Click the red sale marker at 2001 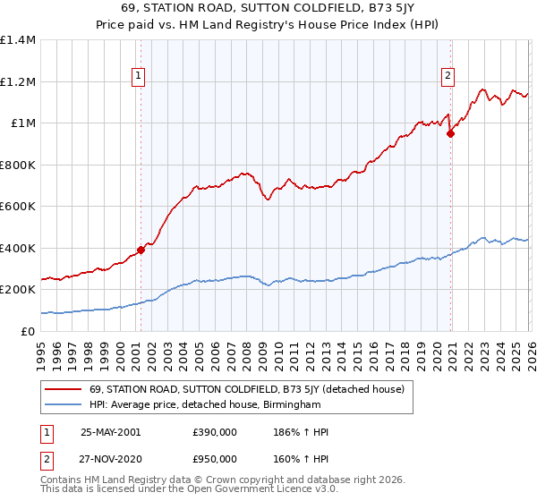click(141, 250)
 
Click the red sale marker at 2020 click(451, 134)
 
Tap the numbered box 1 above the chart click(140, 77)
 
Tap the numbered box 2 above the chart click(447, 77)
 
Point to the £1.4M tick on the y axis click(18, 40)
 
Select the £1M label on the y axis click(22, 123)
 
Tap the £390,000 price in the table click(215, 432)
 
